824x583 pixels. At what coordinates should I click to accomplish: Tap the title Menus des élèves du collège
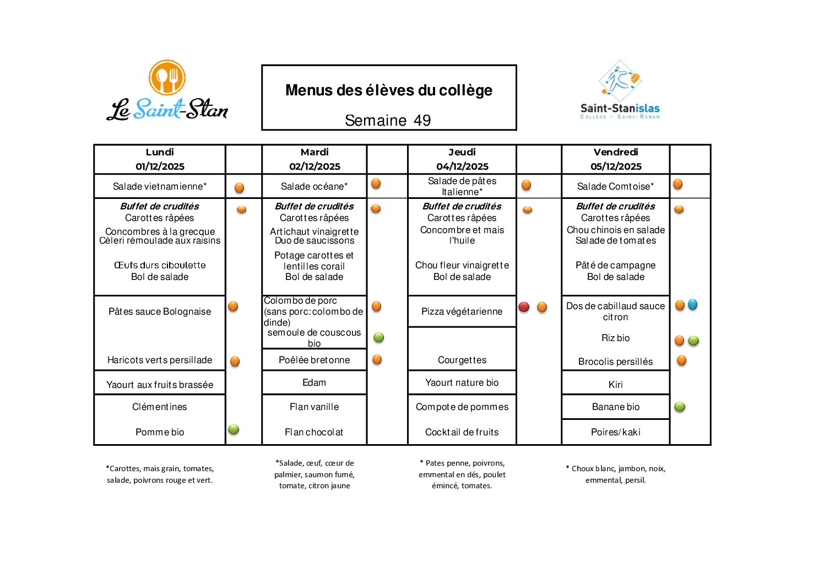click(388, 90)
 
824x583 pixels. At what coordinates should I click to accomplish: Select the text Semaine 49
click(388, 120)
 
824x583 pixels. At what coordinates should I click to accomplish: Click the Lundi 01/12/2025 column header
click(160, 159)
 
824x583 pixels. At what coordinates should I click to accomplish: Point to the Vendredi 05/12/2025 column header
click(616, 159)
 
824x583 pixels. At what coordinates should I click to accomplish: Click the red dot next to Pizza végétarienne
click(524, 307)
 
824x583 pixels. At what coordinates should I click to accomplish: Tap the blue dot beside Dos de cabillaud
click(693, 304)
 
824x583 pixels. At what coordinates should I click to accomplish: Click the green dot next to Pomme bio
click(234, 429)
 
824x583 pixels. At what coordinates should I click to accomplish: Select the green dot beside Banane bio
click(680, 407)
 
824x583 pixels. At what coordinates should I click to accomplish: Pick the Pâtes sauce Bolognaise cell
click(160, 311)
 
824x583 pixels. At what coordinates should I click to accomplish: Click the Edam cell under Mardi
click(314, 382)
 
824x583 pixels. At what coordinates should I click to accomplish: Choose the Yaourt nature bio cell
click(462, 382)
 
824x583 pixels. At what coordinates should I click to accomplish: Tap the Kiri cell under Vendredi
click(615, 385)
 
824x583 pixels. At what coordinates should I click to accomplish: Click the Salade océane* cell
click(314, 186)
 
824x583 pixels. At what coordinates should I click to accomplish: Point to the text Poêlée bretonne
click(314, 360)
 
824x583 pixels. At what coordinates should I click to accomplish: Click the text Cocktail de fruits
click(462, 432)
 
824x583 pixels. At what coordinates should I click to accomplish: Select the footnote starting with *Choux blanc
click(615, 474)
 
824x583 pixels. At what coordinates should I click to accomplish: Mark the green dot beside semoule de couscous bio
click(379, 337)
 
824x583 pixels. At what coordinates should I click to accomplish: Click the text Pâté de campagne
click(615, 265)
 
